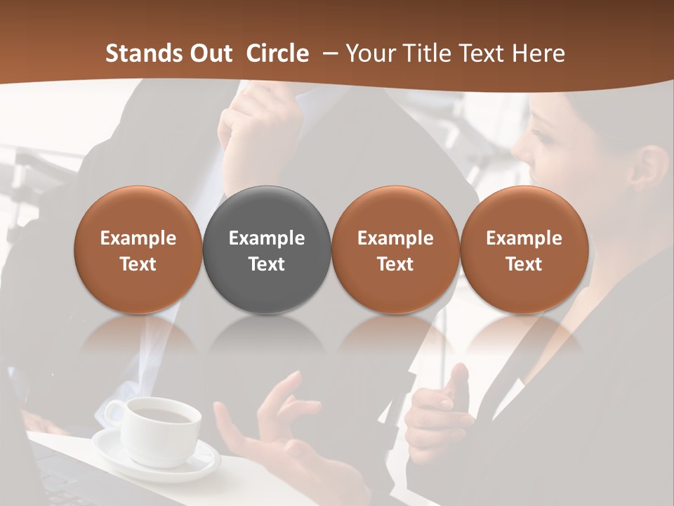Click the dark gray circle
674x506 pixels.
(267, 249)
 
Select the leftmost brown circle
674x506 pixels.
(138, 249)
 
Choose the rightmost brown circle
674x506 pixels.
(524, 249)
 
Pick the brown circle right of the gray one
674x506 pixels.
(395, 249)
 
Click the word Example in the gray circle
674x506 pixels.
(267, 238)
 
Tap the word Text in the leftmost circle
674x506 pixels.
(138, 264)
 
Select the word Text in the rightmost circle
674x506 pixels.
(524, 264)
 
